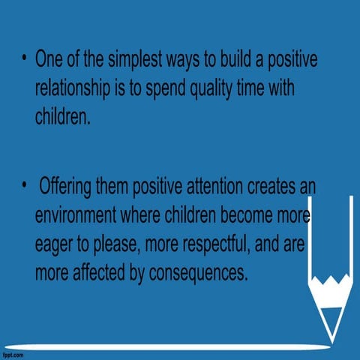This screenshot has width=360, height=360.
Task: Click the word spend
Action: [x=175, y=89]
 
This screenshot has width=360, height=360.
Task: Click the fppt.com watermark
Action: [x=16, y=353]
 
